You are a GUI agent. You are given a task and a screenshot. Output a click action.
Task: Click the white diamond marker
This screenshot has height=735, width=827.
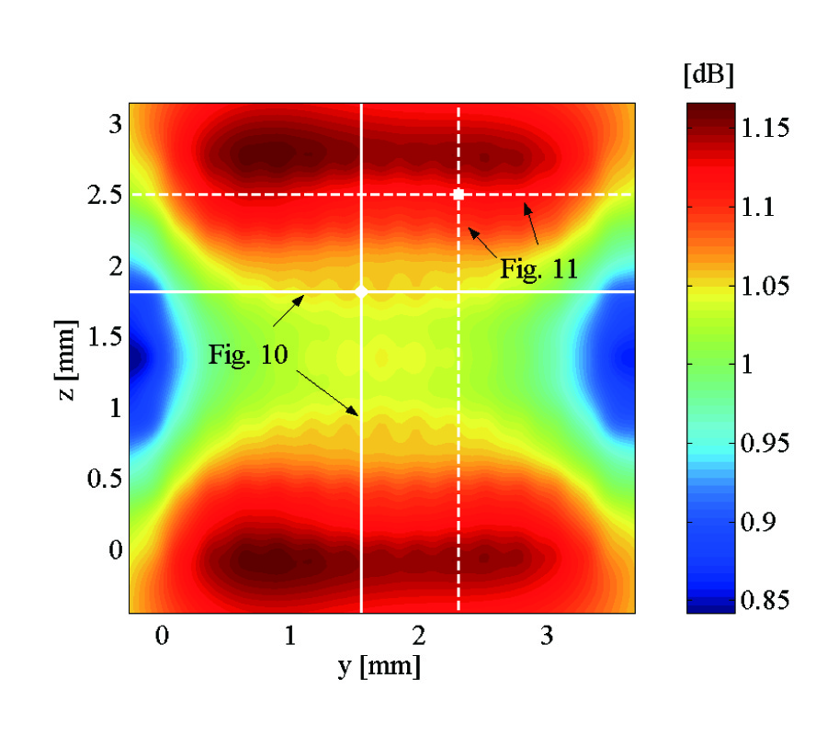point(361,291)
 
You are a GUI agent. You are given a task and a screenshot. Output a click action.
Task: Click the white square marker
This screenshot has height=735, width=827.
point(459,194)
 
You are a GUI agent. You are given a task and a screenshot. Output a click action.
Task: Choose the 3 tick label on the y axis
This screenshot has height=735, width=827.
point(547,636)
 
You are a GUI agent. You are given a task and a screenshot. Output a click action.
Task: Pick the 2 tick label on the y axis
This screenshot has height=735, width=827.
point(418,636)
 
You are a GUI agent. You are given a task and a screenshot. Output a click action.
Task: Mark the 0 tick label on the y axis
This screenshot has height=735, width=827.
point(162,636)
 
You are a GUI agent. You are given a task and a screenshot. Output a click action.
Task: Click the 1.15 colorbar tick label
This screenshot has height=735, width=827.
point(764,128)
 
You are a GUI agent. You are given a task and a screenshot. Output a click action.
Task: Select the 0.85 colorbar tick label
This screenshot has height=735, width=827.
point(764,602)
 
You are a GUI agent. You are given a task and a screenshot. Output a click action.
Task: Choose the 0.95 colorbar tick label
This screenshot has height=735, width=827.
point(764,445)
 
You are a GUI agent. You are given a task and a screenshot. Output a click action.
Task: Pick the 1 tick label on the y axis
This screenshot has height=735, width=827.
point(290,636)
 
